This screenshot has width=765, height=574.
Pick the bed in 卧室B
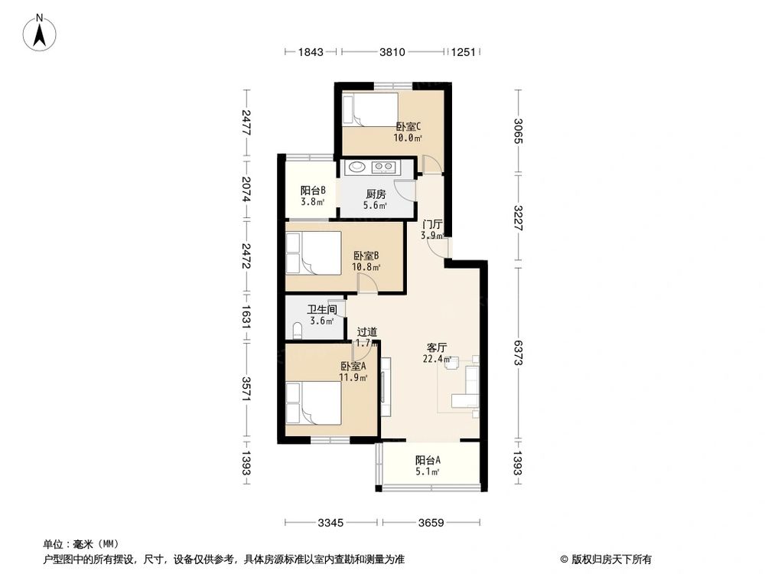(313, 253)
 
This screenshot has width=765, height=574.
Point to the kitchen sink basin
(356, 166)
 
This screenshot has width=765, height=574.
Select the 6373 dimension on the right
(519, 353)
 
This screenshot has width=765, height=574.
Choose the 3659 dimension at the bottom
(431, 523)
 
